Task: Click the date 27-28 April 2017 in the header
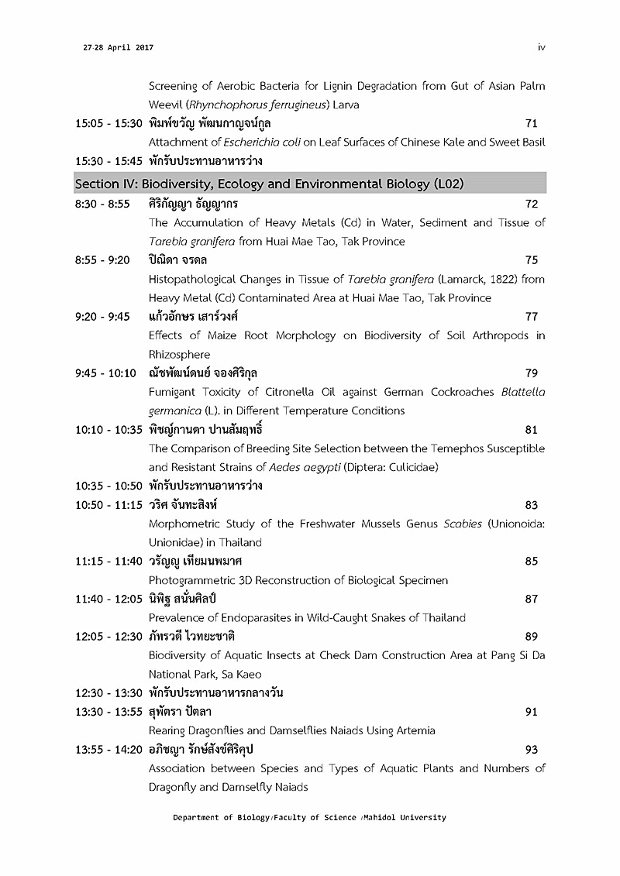point(118,47)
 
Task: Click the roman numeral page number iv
point(542,47)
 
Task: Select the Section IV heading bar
point(310,184)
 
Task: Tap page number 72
point(531,204)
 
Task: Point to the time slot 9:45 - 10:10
point(105,373)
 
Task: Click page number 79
point(531,373)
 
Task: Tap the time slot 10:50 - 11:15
point(108,505)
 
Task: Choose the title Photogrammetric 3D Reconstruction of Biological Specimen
point(298,580)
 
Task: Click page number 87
point(531,599)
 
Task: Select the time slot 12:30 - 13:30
point(108,692)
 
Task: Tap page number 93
point(531,749)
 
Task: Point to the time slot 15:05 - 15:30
point(108,123)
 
